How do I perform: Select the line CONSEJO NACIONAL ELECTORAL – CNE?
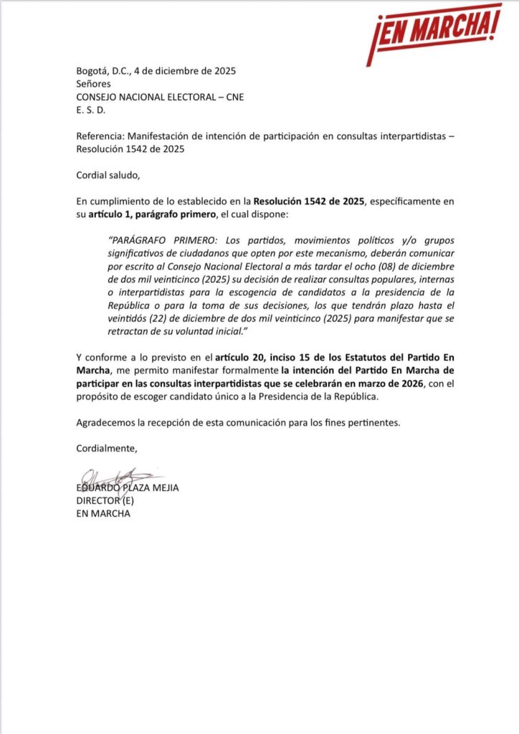[160, 97]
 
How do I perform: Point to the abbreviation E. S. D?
[90, 110]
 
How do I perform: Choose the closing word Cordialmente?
[106, 449]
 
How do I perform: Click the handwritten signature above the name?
[115, 477]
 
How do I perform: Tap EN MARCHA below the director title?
[103, 514]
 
